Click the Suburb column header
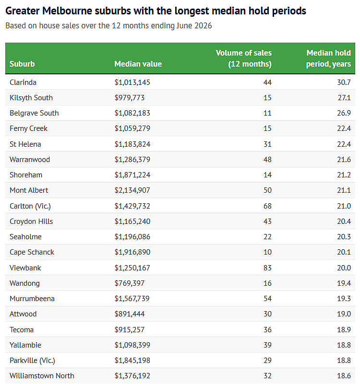(22, 64)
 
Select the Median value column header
(138, 64)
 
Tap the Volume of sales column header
(244, 58)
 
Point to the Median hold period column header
(329, 58)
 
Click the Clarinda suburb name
(23, 82)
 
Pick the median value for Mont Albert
(132, 190)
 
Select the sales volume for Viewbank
(267, 268)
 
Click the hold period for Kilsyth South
(344, 98)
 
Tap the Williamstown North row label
(42, 376)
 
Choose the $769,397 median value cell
(130, 283)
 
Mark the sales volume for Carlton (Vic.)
(267, 206)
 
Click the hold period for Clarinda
(344, 82)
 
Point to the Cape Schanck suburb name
(32, 252)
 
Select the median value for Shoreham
(132, 175)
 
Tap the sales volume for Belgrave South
(267, 113)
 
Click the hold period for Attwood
(344, 314)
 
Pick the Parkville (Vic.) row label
(32, 361)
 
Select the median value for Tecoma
(130, 330)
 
